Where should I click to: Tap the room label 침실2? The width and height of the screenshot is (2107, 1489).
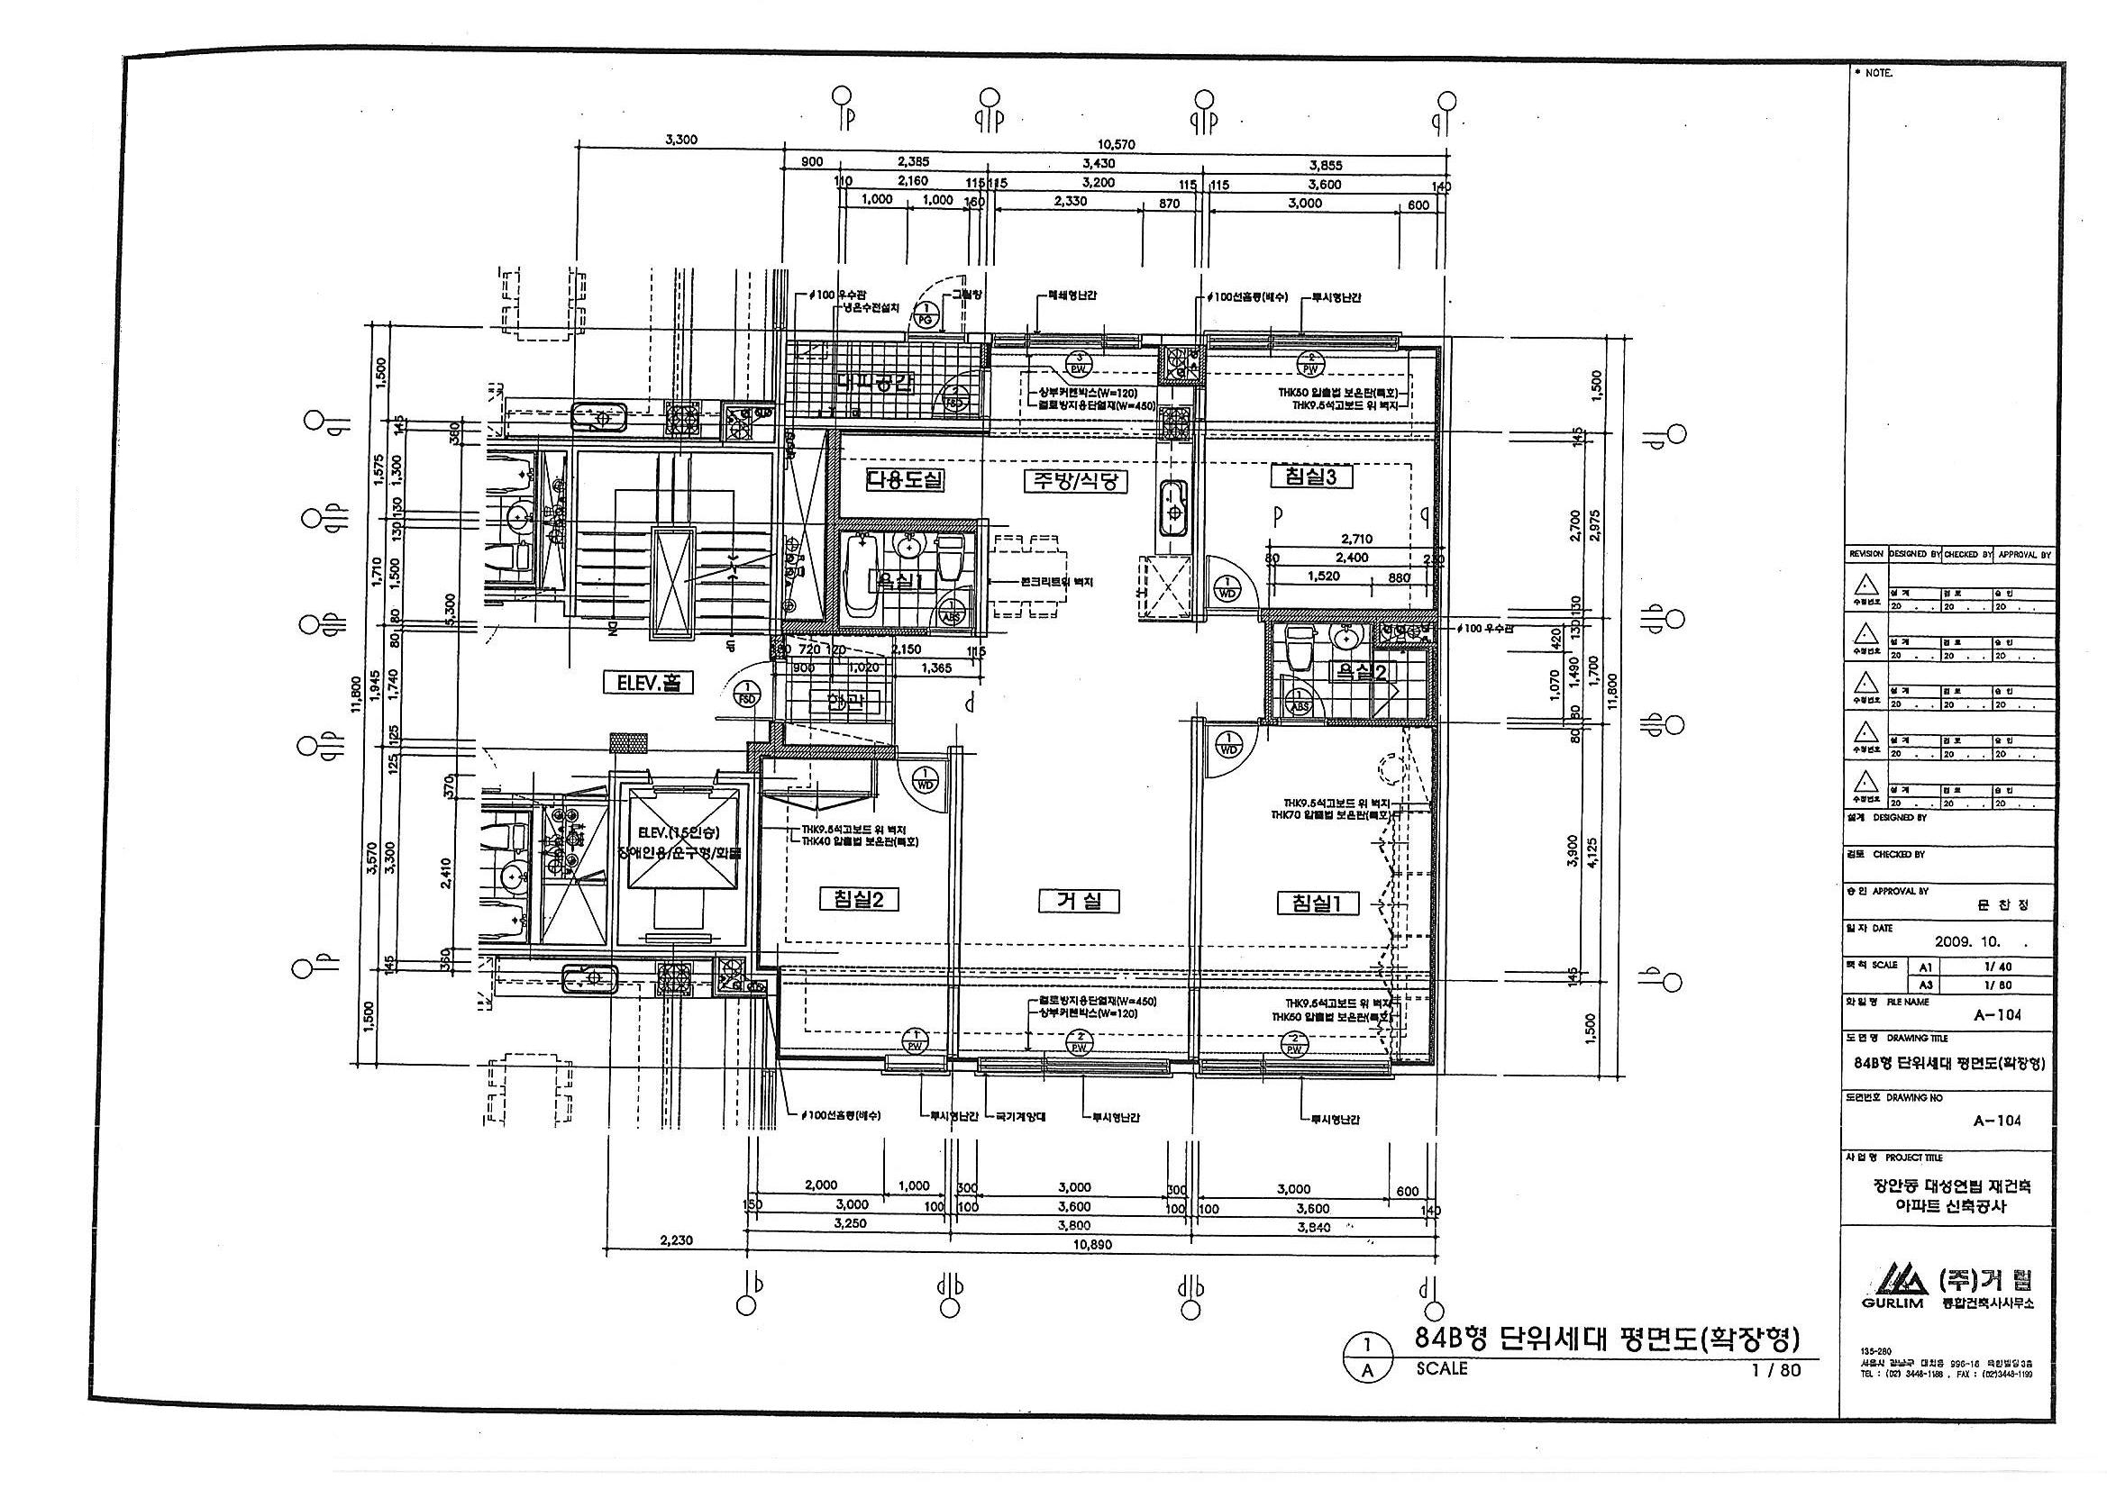click(x=858, y=899)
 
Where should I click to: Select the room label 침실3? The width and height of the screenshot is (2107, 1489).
click(x=1310, y=477)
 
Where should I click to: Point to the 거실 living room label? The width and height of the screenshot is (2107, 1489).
click(x=1081, y=901)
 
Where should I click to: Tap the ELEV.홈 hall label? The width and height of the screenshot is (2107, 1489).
click(x=648, y=684)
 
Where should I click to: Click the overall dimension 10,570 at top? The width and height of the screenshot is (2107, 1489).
click(x=1117, y=144)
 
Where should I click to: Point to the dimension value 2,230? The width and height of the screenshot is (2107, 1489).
click(x=675, y=1240)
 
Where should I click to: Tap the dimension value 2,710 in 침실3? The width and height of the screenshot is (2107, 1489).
click(x=1356, y=540)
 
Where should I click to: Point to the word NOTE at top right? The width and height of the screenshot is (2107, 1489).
click(x=1877, y=71)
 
